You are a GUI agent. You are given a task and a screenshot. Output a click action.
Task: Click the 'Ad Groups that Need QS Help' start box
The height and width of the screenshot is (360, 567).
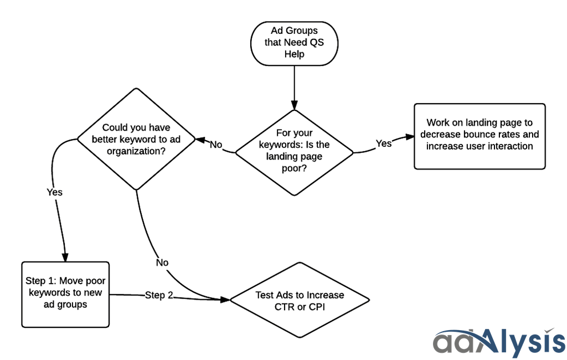click(x=294, y=42)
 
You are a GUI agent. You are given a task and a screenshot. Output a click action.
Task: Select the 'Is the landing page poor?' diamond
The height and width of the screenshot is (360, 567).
click(x=294, y=152)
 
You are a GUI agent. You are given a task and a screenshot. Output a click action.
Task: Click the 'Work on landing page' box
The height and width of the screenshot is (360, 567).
click(x=480, y=135)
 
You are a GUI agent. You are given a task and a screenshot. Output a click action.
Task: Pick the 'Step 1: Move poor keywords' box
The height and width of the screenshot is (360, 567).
click(x=65, y=294)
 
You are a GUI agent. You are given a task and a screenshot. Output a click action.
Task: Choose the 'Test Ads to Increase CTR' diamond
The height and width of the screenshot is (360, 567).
click(x=300, y=301)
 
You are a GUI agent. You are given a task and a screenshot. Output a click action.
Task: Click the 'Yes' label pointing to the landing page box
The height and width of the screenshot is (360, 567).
click(x=384, y=143)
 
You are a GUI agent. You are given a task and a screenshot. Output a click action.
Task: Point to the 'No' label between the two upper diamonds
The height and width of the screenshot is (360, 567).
click(x=215, y=145)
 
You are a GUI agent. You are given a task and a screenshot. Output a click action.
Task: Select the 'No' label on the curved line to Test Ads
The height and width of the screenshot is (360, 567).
click(x=162, y=263)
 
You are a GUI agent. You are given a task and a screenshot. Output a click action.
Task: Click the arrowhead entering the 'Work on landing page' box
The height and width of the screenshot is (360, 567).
click(x=409, y=136)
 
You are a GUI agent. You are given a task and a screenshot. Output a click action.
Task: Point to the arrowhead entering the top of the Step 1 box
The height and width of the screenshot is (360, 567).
click(x=66, y=257)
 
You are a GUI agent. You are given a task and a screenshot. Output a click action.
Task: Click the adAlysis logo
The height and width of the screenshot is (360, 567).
click(x=498, y=341)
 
